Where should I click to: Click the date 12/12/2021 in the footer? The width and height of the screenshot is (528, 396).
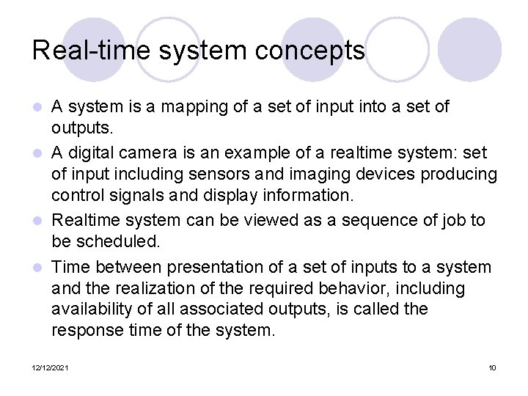pyautogui.click(x=50, y=367)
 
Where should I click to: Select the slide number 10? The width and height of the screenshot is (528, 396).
pyautogui.click(x=492, y=367)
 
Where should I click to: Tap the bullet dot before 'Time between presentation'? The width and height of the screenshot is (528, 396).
pyautogui.click(x=41, y=267)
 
